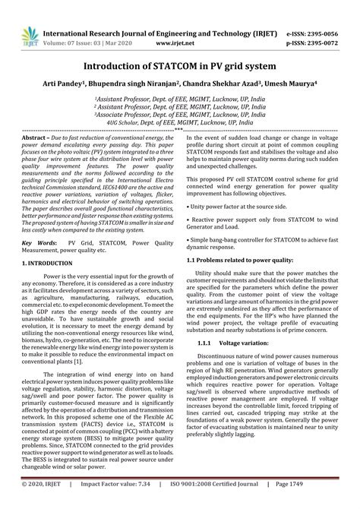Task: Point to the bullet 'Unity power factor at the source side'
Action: tap(238, 206)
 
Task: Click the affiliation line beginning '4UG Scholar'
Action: tap(180, 120)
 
